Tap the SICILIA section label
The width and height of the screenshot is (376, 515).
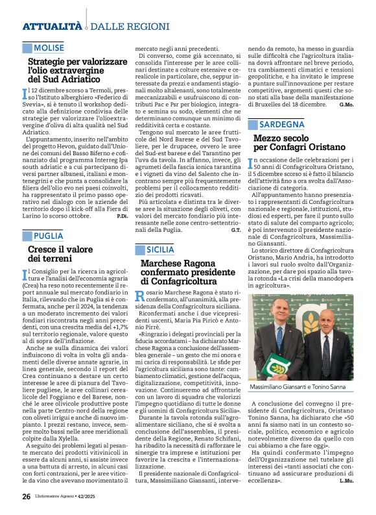pos(159,249)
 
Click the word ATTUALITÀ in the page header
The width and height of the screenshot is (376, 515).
pos(52,26)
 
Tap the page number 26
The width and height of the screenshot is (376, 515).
pos(27,496)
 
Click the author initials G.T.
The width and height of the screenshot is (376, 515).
pos(235,229)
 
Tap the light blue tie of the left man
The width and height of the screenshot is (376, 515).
pos(279,338)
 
